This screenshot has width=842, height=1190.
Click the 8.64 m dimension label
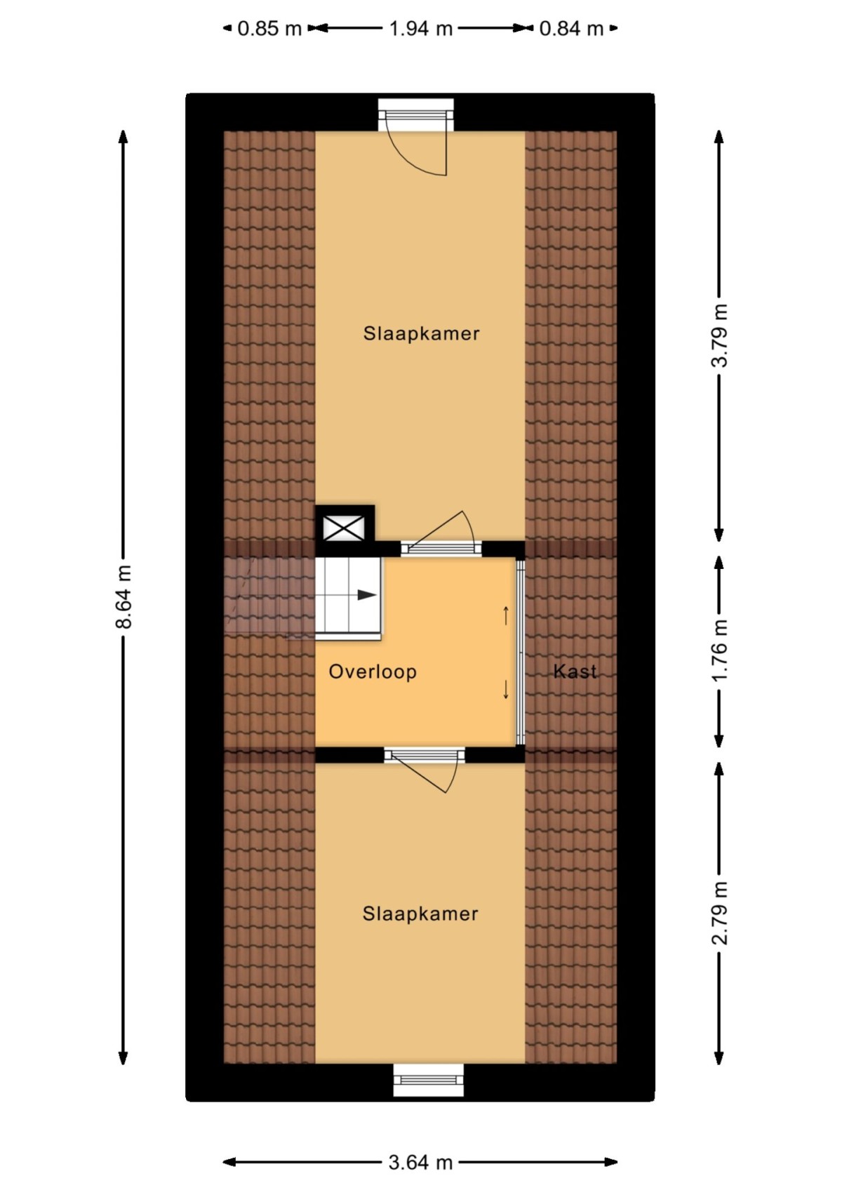click(x=124, y=596)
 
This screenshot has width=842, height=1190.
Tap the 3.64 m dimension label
click(x=420, y=1163)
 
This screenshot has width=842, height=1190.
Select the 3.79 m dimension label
click(x=720, y=335)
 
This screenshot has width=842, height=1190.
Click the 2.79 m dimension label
click(x=720, y=913)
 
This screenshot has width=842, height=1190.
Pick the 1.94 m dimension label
click(x=420, y=29)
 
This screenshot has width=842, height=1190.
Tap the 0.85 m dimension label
click(x=269, y=29)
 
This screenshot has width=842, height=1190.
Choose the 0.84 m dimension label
click(x=571, y=29)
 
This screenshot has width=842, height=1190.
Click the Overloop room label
click(x=373, y=671)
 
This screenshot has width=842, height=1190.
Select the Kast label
click(x=575, y=671)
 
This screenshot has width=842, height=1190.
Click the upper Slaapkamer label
click(x=421, y=333)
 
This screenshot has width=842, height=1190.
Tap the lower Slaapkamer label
click(x=420, y=914)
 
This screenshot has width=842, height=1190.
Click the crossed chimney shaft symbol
click(x=344, y=527)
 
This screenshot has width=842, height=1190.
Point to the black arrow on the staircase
click(x=366, y=595)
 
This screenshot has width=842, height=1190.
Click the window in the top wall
click(x=416, y=115)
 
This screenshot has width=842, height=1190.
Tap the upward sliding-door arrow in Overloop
click(x=506, y=615)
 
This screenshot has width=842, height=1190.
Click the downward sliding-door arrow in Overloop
click(x=506, y=690)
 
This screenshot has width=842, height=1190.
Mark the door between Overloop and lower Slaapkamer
click(x=425, y=756)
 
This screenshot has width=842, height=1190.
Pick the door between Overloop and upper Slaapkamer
click(x=441, y=547)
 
